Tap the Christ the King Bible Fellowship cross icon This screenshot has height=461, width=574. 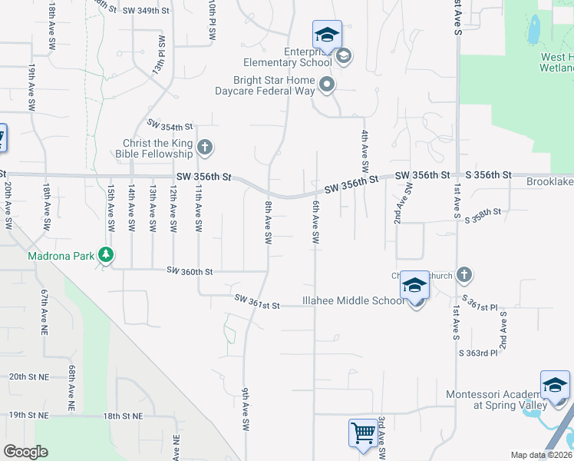click(x=204, y=146)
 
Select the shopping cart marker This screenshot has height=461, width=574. click(x=363, y=433)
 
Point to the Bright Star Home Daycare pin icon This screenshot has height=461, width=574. click(x=328, y=85)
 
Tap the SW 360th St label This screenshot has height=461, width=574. click(x=190, y=271)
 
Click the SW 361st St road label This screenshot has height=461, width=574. click(x=257, y=303)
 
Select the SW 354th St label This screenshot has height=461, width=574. click(x=170, y=126)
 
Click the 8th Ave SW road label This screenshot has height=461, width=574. click(x=269, y=222)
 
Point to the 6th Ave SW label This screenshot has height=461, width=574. click(x=315, y=223)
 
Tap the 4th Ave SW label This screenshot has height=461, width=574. click(x=365, y=151)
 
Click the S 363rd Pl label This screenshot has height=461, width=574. click(x=478, y=353)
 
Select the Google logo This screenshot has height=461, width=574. click(x=25, y=452)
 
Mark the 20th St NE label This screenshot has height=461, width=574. click(x=28, y=377)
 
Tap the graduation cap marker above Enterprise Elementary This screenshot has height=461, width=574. click(x=327, y=35)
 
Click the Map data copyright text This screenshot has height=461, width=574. click(x=541, y=455)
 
